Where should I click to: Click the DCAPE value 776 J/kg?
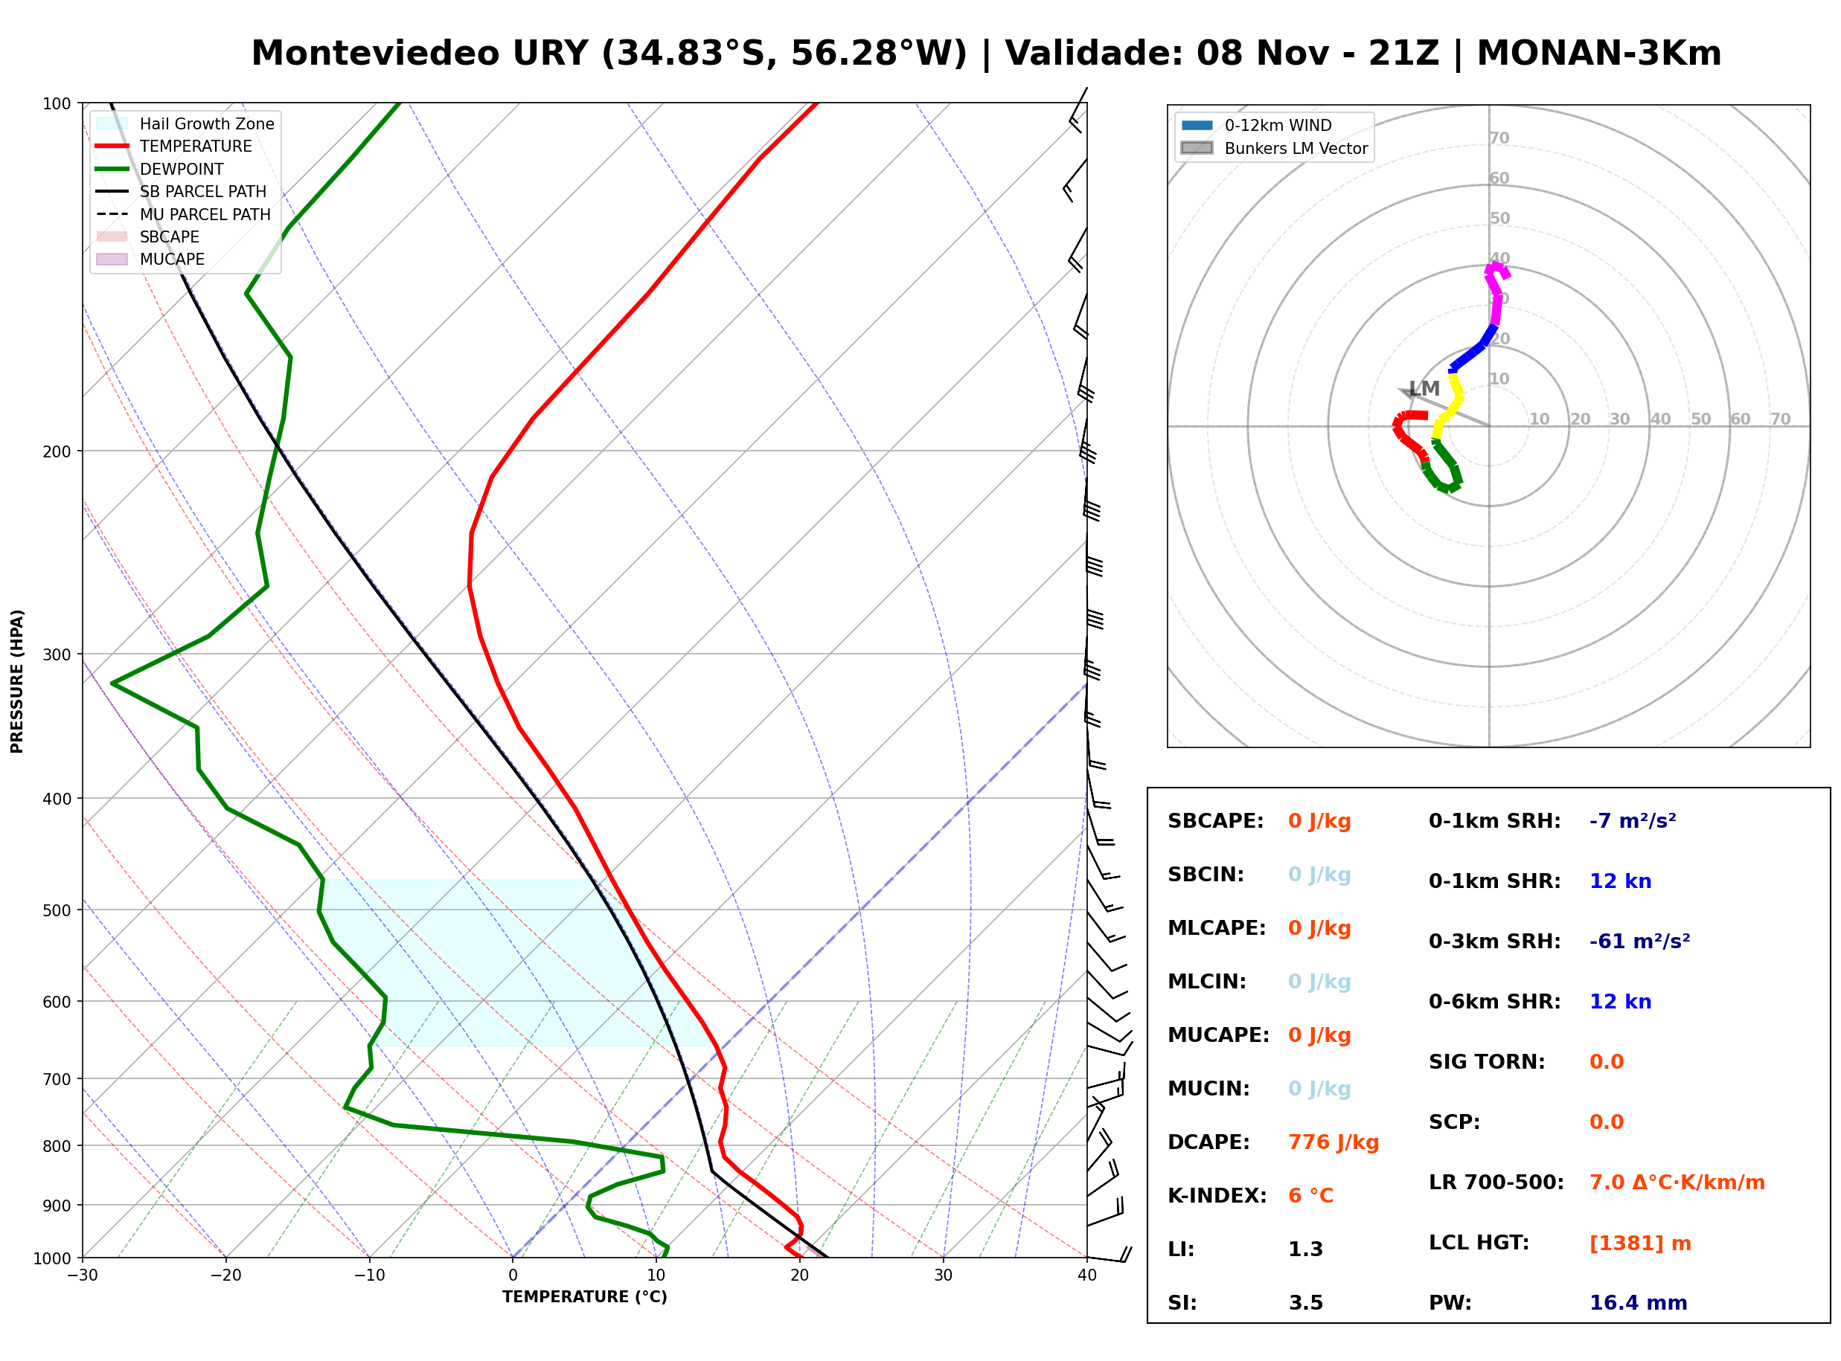[x=1333, y=1142]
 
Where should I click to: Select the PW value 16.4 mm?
[x=1639, y=1303]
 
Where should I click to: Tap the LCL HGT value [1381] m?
[x=1640, y=1243]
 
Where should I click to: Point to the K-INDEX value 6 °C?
[x=1310, y=1196]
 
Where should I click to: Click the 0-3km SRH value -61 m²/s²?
[x=1640, y=941]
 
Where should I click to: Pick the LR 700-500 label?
[x=1496, y=1183]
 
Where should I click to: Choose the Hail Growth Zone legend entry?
[x=185, y=123]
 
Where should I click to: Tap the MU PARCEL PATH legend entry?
[x=183, y=214]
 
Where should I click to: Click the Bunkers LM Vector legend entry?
[x=1274, y=148]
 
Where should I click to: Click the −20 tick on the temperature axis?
[x=225, y=1275]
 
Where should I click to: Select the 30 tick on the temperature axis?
[x=944, y=1275]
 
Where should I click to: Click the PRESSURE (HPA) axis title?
[x=17, y=681]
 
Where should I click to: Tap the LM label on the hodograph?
[x=1424, y=388]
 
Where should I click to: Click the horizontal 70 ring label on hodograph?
[x=1780, y=419]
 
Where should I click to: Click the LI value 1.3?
[x=1305, y=1249]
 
